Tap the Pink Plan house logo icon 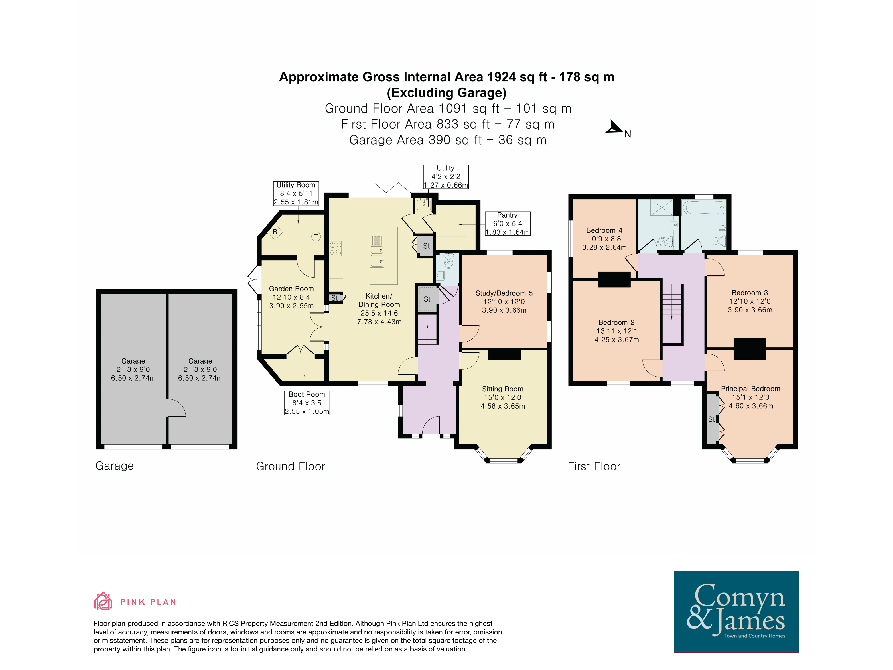[x=103, y=601]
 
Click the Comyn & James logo [x=736, y=611]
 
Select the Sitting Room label [x=503, y=389]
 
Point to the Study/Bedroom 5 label [x=504, y=293]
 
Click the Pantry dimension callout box [x=508, y=224]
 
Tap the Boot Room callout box [x=307, y=403]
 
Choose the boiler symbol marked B [x=275, y=232]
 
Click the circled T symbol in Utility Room [x=316, y=237]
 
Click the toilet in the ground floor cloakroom [x=448, y=261]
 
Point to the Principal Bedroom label [x=750, y=389]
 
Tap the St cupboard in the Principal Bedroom [x=712, y=419]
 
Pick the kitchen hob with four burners [x=336, y=248]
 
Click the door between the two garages [x=176, y=408]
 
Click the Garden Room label [x=291, y=289]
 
